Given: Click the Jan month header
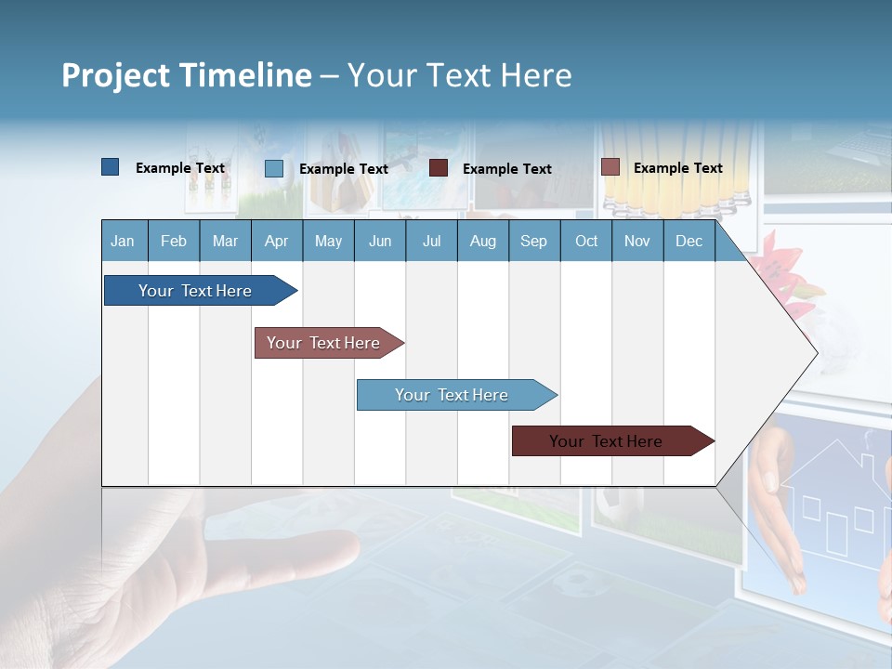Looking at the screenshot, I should (x=124, y=241).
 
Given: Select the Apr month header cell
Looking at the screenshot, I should (x=277, y=241).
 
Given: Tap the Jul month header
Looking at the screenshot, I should (x=431, y=241).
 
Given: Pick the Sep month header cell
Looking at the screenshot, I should (x=534, y=241).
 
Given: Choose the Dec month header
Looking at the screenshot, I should (x=689, y=241).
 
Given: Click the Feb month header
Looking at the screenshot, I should (x=174, y=241).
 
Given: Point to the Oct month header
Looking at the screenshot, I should (x=586, y=241).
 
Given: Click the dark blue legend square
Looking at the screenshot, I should (x=111, y=167).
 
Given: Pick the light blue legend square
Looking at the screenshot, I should (x=274, y=168).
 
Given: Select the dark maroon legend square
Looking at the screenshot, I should (x=439, y=168).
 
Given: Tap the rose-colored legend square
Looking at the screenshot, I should (x=610, y=167).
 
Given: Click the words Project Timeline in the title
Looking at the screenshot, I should (x=187, y=75).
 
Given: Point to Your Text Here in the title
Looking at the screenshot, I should (x=460, y=75).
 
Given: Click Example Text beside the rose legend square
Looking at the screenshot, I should (x=677, y=167).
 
